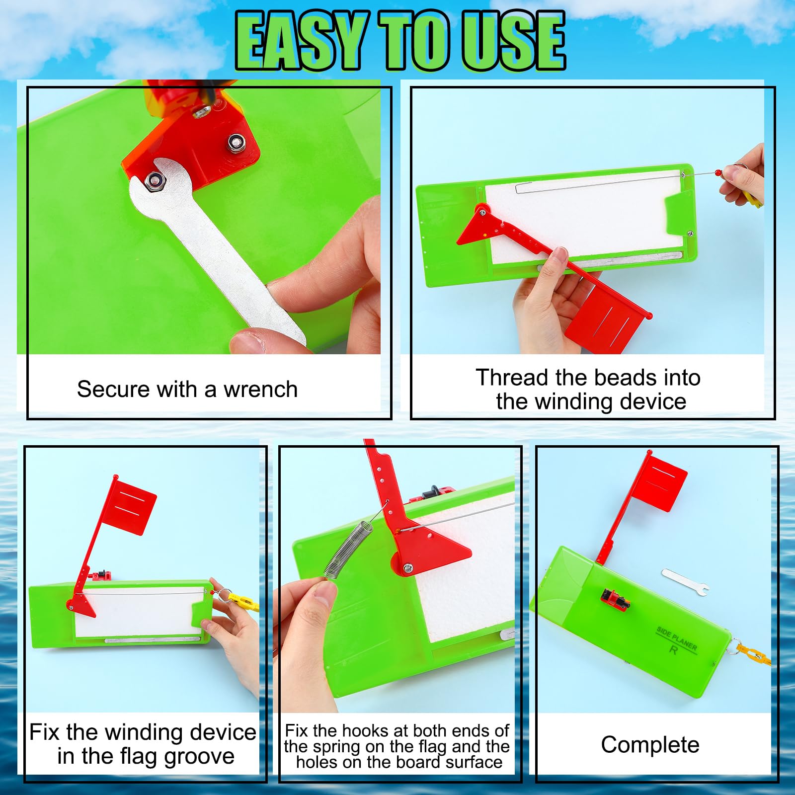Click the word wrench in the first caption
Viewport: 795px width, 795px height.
[260, 390]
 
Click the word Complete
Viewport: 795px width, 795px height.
[650, 745]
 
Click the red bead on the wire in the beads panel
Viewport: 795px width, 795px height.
[717, 173]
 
